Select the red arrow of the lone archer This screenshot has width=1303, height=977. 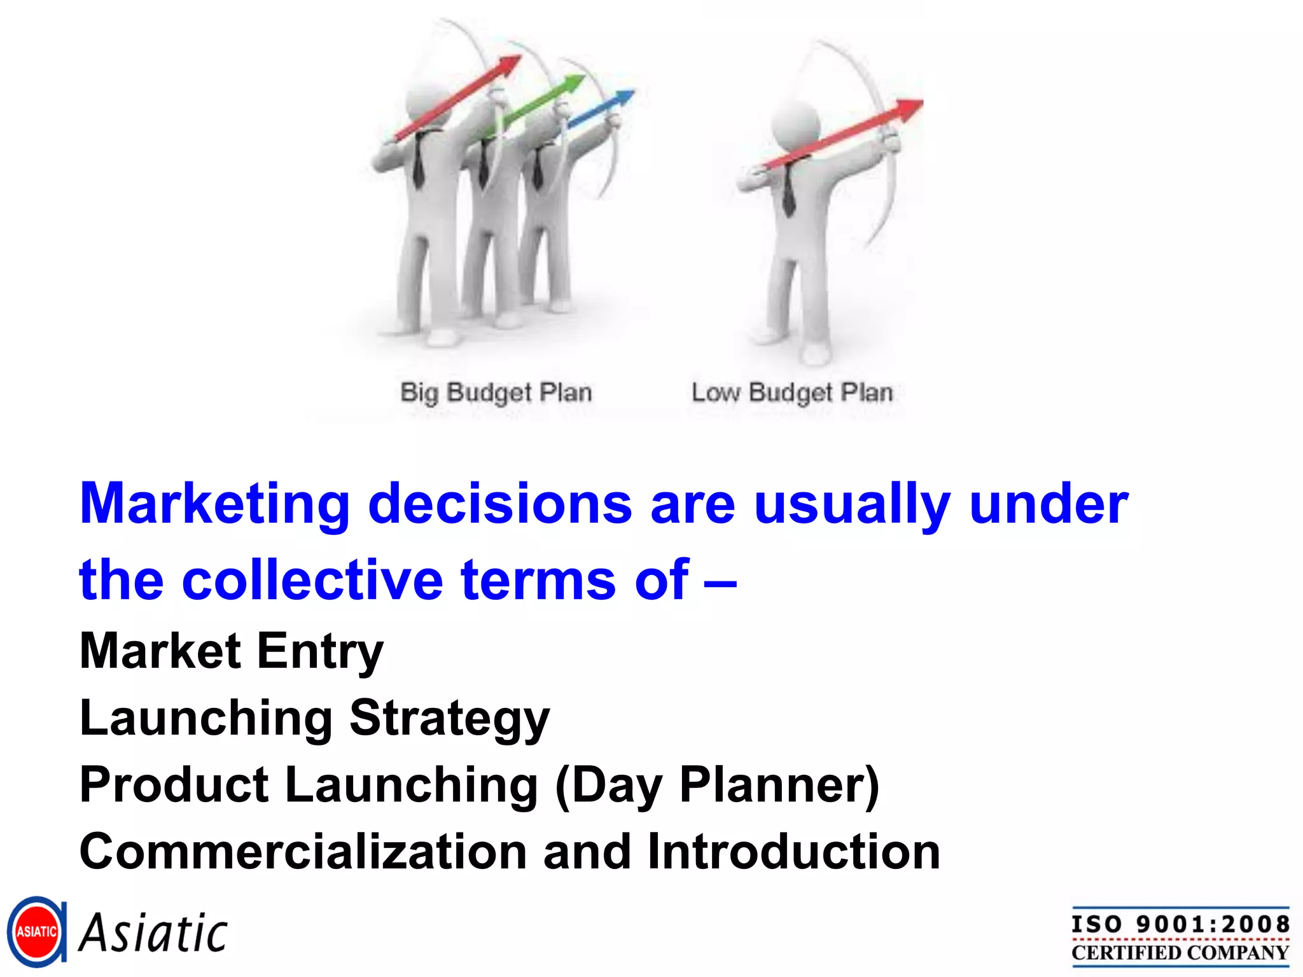pos(846,134)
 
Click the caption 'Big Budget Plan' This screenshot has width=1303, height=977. pos(496,392)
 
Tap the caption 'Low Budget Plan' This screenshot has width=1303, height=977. pos(792,392)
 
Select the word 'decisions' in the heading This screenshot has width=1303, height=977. pos(500,504)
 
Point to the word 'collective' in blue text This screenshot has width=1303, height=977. pos(312,579)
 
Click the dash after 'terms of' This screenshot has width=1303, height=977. pos(720,581)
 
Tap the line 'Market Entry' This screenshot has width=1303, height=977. pos(232,651)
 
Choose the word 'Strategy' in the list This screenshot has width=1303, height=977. pos(449,718)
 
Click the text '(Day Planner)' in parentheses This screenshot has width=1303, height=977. pos(717,785)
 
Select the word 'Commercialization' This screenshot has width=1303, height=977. pos(303,852)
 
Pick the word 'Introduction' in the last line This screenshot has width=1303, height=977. pos(793,852)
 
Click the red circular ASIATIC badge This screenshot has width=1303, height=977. pos(36,932)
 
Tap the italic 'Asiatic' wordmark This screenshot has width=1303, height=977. pos(153,933)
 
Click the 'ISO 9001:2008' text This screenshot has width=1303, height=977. pos(1180,924)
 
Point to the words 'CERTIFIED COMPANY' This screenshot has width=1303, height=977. pos(1180,953)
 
